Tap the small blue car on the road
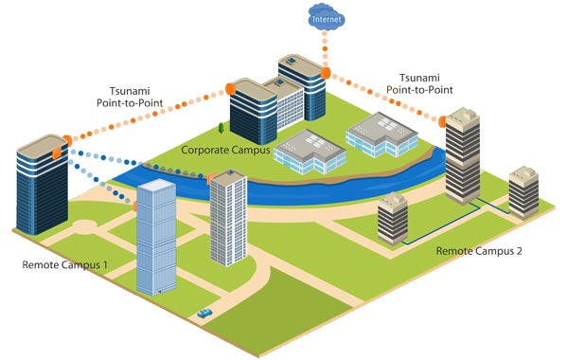[x=204, y=314]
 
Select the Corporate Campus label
[x=225, y=150]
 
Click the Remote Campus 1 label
[x=64, y=264]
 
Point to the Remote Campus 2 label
[x=479, y=251]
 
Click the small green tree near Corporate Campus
[x=221, y=128]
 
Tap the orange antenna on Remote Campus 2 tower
[x=442, y=122]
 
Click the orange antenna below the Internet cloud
[x=326, y=73]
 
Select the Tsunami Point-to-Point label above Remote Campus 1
[x=130, y=97]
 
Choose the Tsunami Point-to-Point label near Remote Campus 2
[x=419, y=83]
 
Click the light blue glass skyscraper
[x=156, y=237]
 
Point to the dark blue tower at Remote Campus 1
[x=43, y=185]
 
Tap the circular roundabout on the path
[x=85, y=226]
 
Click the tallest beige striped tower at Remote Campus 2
[x=463, y=156]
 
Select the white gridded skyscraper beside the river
[x=228, y=218]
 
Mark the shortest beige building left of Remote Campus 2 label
[x=393, y=219]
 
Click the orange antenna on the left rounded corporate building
[x=230, y=89]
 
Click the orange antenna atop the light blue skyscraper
[x=135, y=206]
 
